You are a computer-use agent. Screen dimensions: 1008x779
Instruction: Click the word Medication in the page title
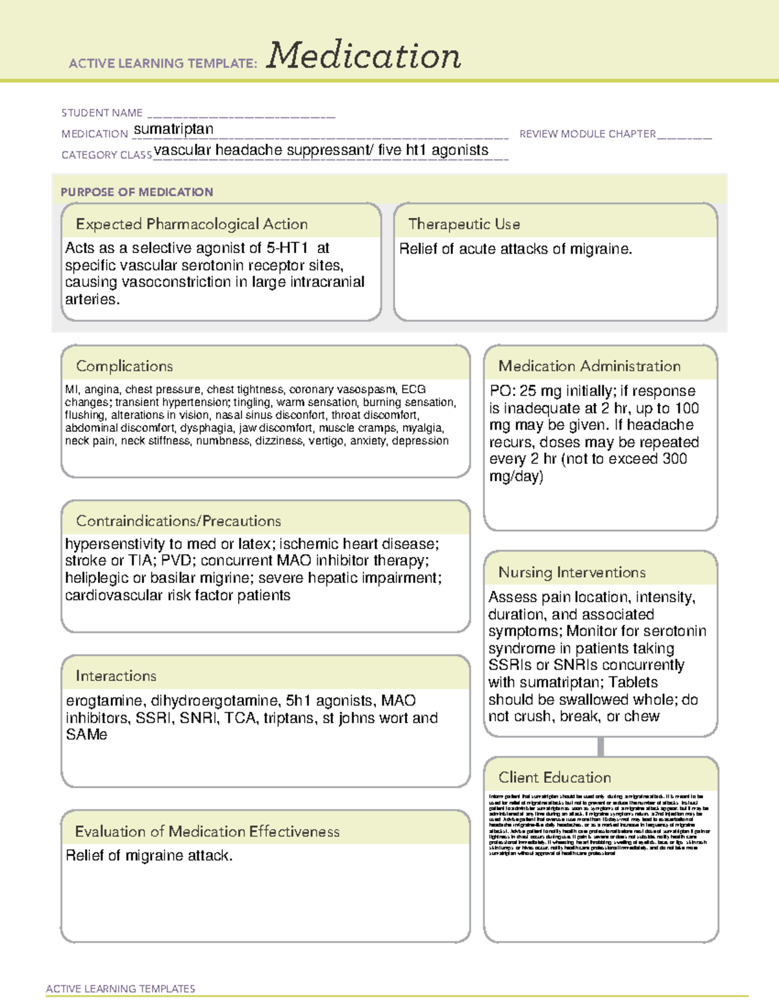click(364, 56)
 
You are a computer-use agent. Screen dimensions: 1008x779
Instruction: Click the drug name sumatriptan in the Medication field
click(173, 129)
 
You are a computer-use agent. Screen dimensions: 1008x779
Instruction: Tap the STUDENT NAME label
click(102, 113)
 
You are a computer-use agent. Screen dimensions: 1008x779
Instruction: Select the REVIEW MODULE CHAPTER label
click(587, 134)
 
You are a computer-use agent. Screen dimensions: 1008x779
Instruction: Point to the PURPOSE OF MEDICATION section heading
click(137, 192)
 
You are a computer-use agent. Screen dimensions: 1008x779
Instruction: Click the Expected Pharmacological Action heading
click(192, 224)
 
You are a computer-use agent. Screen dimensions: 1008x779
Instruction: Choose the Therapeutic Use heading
click(464, 224)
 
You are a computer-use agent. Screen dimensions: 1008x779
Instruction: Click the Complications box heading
click(125, 366)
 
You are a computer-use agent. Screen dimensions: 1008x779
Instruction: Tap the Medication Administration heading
click(589, 366)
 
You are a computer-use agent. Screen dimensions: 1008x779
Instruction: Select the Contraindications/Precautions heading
click(179, 521)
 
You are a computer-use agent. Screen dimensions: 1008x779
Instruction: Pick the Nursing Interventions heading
click(572, 572)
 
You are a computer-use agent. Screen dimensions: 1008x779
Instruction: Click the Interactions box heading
click(116, 676)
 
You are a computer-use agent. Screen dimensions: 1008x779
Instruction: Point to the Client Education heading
click(554, 778)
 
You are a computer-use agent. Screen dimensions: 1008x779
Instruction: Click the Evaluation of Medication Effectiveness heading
click(207, 831)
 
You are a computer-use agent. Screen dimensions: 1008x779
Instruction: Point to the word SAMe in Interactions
click(86, 735)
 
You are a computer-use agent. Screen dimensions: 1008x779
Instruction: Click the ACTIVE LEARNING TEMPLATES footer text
click(121, 989)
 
